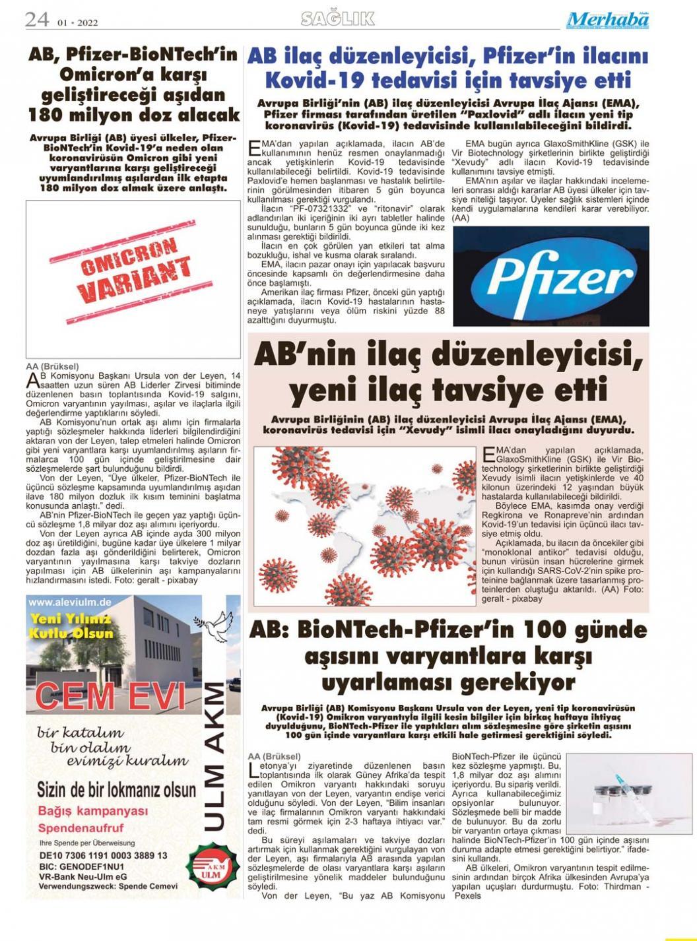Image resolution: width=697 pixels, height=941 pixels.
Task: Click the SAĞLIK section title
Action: coord(337,19)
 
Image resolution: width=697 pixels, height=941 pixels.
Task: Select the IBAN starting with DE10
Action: coord(103,855)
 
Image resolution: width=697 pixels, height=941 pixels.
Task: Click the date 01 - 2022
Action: coord(77,22)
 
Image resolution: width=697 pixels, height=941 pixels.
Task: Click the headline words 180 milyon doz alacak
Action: coord(134,115)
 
